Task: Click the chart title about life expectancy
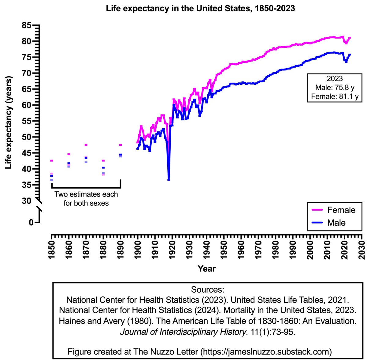[200, 8]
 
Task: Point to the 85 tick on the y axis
[28, 25]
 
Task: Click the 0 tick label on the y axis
[31, 223]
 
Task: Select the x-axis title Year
[207, 268]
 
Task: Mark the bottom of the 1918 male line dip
[169, 179]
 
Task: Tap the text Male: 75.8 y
[335, 88]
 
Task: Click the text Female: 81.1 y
[335, 97]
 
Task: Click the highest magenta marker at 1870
[86, 145]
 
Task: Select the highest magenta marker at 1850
[51, 161]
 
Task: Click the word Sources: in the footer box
[208, 290]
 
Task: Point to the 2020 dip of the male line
[346, 62]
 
